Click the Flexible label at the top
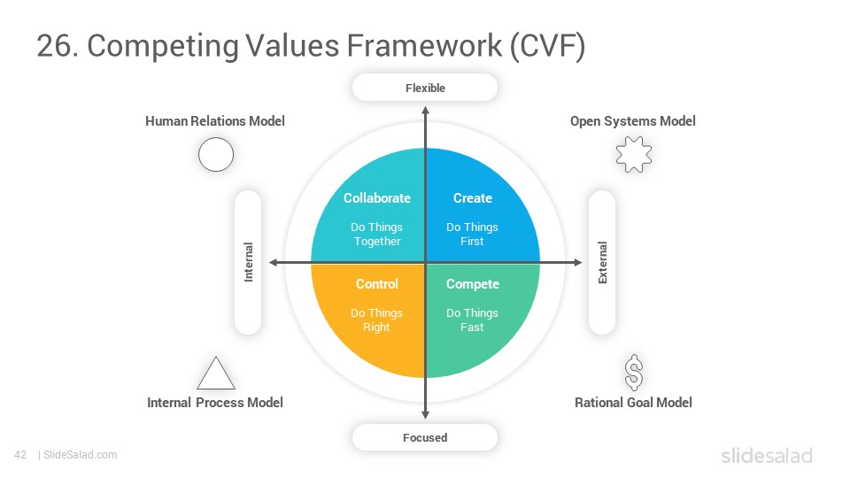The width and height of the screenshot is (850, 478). click(425, 88)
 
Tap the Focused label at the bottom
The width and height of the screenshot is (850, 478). click(425, 437)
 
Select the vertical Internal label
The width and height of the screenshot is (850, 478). click(248, 262)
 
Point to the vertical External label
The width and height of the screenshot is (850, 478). click(602, 262)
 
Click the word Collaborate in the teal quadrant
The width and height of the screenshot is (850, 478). click(377, 197)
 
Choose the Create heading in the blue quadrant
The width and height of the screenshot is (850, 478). click(473, 197)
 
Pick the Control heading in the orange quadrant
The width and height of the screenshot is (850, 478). click(377, 284)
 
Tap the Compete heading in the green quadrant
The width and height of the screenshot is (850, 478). click(473, 284)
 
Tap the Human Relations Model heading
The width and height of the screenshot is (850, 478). click(214, 121)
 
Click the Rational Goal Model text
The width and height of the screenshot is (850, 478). click(633, 403)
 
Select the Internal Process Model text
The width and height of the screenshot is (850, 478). click(214, 403)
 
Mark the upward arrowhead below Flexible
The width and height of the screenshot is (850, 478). click(426, 110)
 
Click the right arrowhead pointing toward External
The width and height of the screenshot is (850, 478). click(578, 262)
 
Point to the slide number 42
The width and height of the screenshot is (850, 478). click(20, 455)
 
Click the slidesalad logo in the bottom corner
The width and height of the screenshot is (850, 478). click(767, 456)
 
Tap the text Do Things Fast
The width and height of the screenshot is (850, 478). click(472, 320)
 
